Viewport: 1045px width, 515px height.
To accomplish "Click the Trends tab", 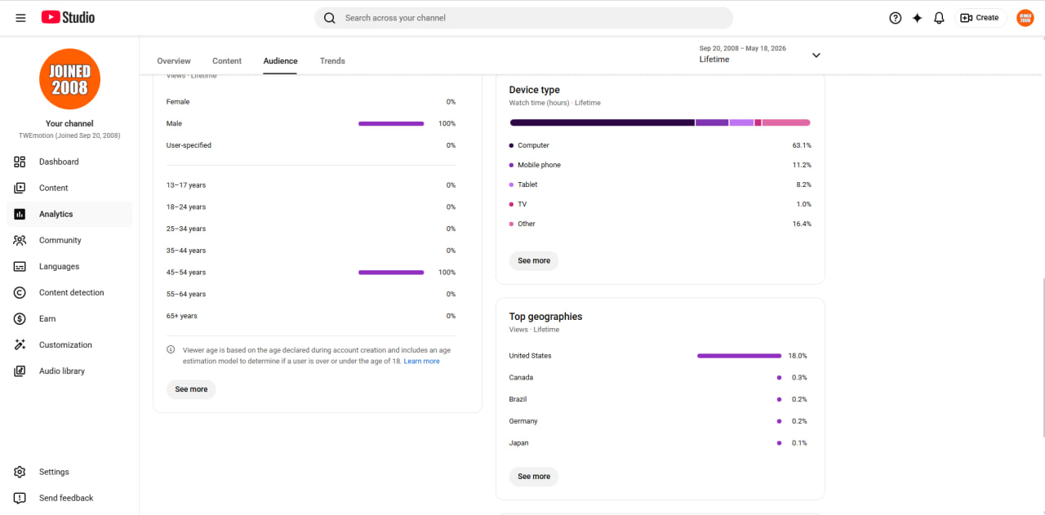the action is tap(332, 60).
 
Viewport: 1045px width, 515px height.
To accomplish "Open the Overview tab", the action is tap(174, 60).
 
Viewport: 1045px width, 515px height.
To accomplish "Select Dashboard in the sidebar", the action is tap(59, 162).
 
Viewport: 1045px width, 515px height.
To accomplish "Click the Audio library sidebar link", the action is tap(62, 371).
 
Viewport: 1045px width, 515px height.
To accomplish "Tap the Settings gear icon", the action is tap(20, 472).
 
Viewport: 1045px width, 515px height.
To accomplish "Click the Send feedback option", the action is tap(66, 498).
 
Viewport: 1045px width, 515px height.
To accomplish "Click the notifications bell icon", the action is tap(939, 18).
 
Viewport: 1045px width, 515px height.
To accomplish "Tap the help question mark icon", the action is tap(895, 18).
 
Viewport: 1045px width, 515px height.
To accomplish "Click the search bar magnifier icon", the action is tap(329, 18).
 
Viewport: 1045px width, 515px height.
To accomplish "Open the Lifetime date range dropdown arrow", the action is tap(816, 55).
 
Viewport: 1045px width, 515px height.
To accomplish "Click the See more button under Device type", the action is tap(534, 260).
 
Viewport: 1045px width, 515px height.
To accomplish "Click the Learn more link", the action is tap(421, 361).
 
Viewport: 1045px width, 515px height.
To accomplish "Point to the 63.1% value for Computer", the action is tap(802, 145).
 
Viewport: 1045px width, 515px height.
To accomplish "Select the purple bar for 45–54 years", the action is tap(391, 273).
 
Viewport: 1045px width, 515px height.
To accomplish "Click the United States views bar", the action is tap(739, 356).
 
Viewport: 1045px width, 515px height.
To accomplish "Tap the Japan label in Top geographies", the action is tap(518, 442).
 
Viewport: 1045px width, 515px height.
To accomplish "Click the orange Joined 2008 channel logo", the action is tap(69, 79).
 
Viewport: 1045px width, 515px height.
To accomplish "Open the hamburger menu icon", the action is tap(20, 18).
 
